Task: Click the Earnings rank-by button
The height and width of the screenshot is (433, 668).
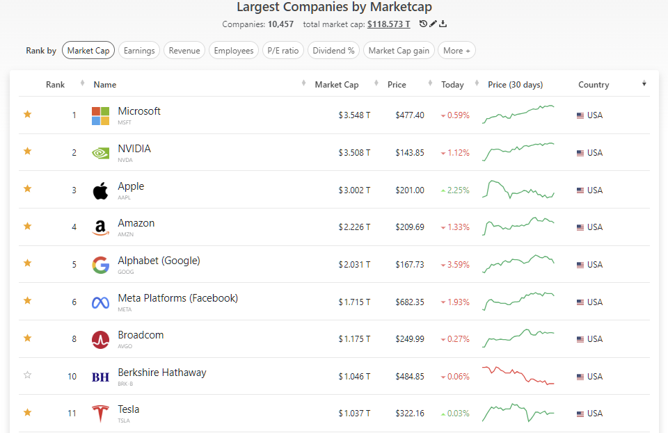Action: [x=139, y=51]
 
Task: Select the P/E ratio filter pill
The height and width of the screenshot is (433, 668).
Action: [x=283, y=51]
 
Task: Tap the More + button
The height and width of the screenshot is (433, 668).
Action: [x=456, y=51]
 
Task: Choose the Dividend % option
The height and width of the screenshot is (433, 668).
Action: [x=334, y=51]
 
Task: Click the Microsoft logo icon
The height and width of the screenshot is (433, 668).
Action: [x=100, y=115]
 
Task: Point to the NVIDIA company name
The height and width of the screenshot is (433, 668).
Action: [x=134, y=149]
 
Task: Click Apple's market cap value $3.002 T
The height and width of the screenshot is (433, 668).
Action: [x=354, y=190]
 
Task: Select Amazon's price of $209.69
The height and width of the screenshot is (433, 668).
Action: [x=409, y=227]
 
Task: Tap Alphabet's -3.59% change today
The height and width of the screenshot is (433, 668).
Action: [x=455, y=265]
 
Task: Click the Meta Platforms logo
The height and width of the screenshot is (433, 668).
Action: [x=100, y=302]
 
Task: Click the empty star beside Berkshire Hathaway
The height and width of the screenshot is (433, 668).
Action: [x=28, y=375]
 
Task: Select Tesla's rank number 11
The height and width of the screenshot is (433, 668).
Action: [x=72, y=414]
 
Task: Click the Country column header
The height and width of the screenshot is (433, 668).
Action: [x=594, y=85]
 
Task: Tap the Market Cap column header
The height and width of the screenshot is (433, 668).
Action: [x=337, y=85]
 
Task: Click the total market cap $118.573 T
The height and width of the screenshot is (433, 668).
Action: [x=388, y=24]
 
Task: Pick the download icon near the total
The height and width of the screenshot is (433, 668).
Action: [x=443, y=24]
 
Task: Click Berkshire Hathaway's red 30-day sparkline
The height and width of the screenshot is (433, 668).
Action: [x=518, y=375]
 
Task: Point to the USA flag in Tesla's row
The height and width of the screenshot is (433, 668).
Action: [x=580, y=414]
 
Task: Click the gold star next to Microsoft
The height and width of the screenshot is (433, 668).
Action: [x=28, y=115]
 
